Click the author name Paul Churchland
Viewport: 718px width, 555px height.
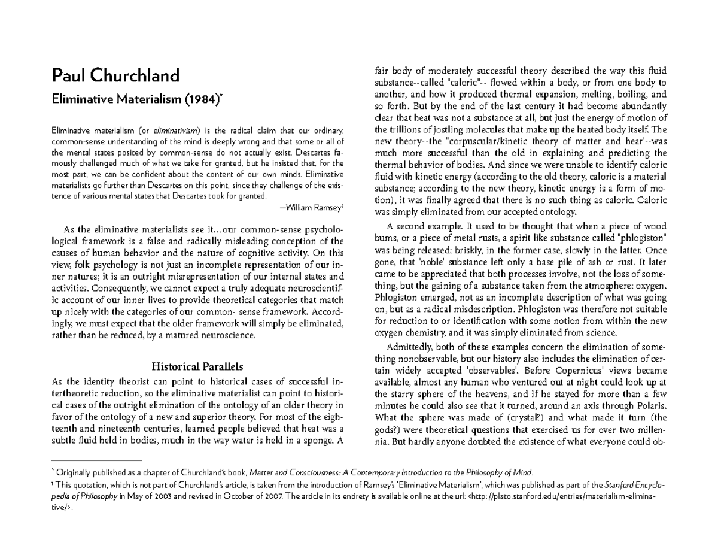tap(115, 76)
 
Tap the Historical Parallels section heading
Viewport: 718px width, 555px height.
tap(197, 366)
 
